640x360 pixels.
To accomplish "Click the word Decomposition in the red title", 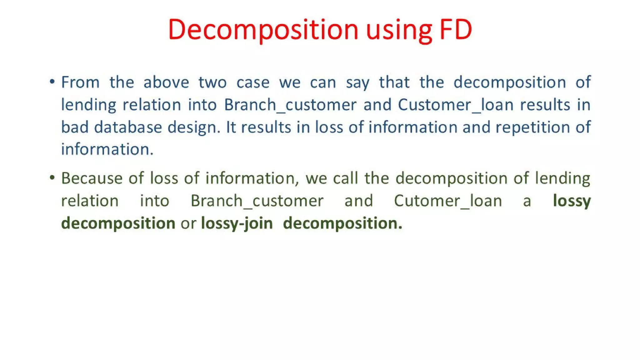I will click(263, 29).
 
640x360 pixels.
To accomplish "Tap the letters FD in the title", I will click(456, 29).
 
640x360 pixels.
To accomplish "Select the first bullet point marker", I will click(52, 82).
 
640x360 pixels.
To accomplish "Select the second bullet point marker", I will click(52, 178).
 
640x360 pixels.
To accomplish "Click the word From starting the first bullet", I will click(80, 82).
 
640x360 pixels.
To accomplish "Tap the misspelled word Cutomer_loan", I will click(448, 201).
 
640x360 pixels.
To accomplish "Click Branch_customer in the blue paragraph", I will click(290, 105).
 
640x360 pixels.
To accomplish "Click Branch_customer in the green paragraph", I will click(257, 201).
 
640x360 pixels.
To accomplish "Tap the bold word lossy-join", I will click(237, 223).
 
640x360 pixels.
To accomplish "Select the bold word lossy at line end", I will click(572, 201).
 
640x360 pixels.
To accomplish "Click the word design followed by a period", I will click(194, 127).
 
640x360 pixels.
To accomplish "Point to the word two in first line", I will click(212, 82).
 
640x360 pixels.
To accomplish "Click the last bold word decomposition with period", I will click(342, 223).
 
